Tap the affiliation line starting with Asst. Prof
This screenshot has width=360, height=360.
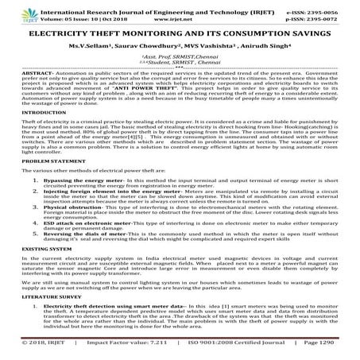tap(180, 59)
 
